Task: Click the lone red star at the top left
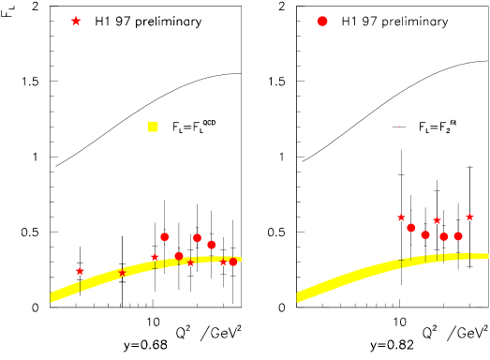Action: point(76,21)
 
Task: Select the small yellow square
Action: point(153,127)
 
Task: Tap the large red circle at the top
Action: point(322,21)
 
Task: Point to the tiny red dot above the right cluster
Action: point(399,127)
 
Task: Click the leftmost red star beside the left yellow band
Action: point(80,271)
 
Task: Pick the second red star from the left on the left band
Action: point(122,273)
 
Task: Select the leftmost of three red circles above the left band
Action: point(164,236)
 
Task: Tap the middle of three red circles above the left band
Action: point(197,237)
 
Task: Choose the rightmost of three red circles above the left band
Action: point(211,245)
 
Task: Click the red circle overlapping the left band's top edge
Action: point(179,256)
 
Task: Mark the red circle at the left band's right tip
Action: point(233,262)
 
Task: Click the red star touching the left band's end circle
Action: point(223,262)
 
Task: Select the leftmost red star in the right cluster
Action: point(401,217)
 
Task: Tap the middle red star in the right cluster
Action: point(437,220)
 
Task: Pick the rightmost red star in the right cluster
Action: point(469,217)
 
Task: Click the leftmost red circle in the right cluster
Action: point(410,228)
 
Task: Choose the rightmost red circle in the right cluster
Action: point(458,236)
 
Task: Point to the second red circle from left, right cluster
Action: point(425,234)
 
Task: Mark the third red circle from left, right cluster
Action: point(444,236)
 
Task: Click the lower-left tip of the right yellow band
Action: point(299,297)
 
